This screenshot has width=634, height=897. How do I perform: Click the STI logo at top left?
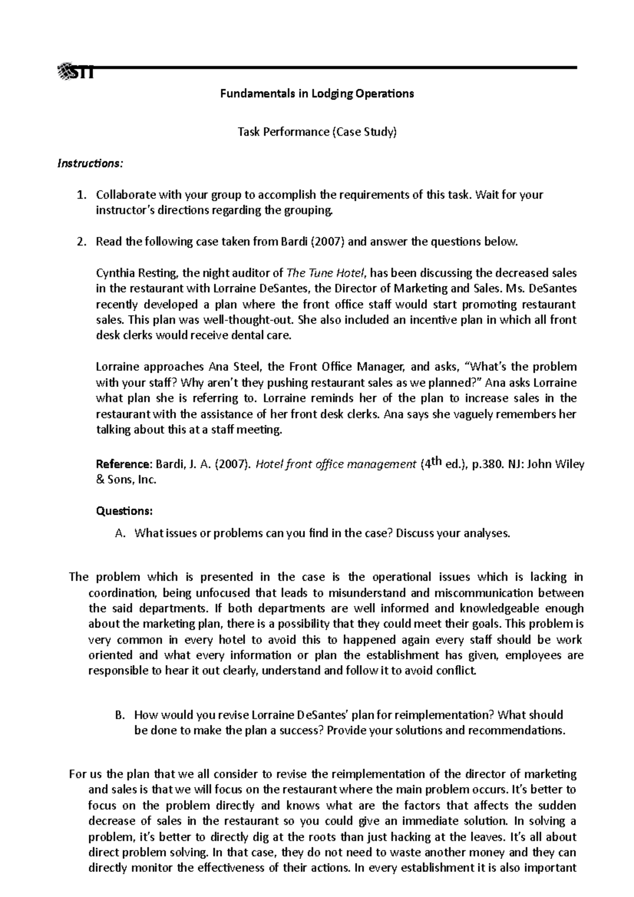click(x=77, y=71)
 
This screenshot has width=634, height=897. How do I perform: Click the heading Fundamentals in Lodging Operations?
click(x=317, y=94)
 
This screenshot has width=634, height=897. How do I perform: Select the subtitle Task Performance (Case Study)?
click(x=317, y=132)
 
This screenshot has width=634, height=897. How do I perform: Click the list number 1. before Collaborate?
click(x=81, y=195)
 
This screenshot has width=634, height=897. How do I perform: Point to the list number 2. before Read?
click(x=81, y=242)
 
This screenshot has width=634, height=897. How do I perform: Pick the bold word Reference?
click(x=123, y=464)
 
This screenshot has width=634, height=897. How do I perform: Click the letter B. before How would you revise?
click(x=120, y=715)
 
